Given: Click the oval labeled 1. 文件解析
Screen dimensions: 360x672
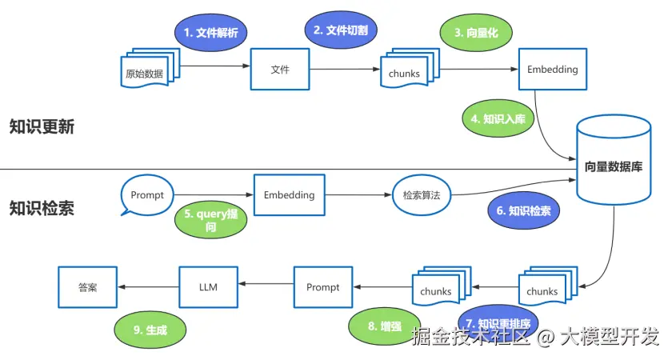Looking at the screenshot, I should (x=211, y=34).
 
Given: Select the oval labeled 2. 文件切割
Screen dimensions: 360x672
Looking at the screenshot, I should (x=340, y=30).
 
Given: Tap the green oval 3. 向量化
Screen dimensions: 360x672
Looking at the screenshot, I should (x=476, y=34).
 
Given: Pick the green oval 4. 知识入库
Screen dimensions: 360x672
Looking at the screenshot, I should (x=498, y=118).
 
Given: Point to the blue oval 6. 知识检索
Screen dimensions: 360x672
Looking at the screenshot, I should (x=524, y=211).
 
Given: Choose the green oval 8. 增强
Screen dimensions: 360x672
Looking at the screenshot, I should (x=384, y=326).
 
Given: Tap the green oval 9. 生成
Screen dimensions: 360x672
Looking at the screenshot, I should (x=150, y=329).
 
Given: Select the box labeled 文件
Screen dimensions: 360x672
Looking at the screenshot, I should (x=280, y=70).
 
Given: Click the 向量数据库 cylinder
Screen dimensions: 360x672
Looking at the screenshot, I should (x=613, y=166).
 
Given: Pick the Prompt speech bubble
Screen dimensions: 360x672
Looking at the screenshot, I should (x=146, y=196).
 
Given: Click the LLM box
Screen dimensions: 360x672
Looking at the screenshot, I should (x=208, y=287).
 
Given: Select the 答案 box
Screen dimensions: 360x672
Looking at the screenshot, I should (x=88, y=287).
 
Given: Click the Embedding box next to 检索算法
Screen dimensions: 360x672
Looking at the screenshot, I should (x=289, y=194).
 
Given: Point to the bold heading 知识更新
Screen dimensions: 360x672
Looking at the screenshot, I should (x=42, y=126).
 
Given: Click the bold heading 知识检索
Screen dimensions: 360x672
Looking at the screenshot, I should (x=42, y=209).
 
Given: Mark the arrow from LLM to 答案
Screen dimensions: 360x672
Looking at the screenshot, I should (x=148, y=287).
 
